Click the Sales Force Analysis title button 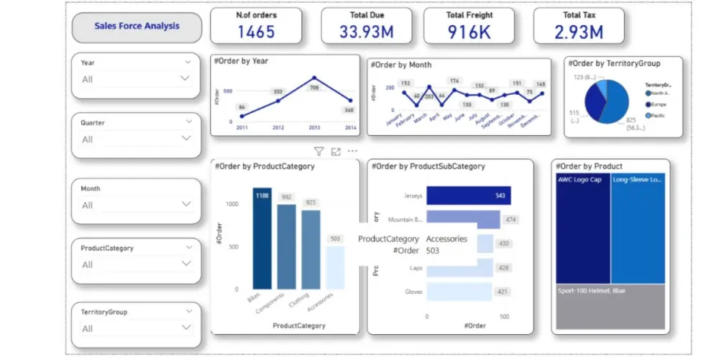coord(137,27)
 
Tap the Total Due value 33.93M coord(367,32)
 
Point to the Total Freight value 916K coord(469,32)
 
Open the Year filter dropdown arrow coord(186,78)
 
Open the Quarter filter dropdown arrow coord(186,139)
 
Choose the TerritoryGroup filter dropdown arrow coord(186,328)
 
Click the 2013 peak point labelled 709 coord(314,78)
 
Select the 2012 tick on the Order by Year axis coord(278,128)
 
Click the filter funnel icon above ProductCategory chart coord(319,152)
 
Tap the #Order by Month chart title coord(401,65)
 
